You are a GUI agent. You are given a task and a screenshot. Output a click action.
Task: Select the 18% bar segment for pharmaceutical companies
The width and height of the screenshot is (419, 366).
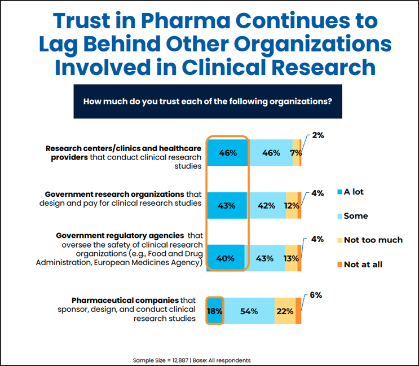[x=215, y=311]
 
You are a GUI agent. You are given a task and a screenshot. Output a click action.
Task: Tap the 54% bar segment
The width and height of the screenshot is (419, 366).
[x=249, y=311]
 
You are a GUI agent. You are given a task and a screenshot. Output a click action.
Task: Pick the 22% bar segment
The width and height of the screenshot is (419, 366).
[x=285, y=311]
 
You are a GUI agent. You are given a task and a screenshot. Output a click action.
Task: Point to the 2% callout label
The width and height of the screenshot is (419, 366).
[x=318, y=136]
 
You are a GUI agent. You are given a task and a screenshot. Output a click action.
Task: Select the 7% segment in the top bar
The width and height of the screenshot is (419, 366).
[x=296, y=152]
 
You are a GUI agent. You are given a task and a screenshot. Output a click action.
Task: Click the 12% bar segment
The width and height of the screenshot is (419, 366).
[x=292, y=205]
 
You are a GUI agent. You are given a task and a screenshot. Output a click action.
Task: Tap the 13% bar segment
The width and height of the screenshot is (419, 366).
[x=291, y=258]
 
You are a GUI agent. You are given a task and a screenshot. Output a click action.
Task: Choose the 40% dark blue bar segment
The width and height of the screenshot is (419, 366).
[x=226, y=258]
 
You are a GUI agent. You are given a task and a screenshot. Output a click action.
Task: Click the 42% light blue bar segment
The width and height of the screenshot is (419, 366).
[x=266, y=205]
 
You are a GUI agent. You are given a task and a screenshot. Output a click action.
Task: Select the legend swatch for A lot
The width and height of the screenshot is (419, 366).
[x=338, y=192]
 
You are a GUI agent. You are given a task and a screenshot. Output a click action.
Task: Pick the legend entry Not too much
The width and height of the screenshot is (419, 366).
[x=373, y=240]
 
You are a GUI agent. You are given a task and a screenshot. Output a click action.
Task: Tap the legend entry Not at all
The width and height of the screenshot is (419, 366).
[x=363, y=264]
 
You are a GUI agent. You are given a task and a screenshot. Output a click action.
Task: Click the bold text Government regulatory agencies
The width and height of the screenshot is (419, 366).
[x=120, y=235]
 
